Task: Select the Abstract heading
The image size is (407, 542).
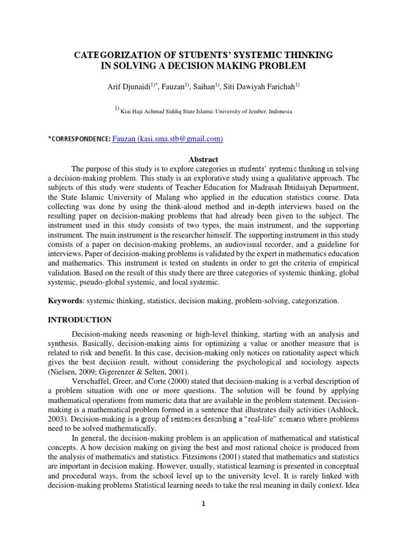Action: point(203,159)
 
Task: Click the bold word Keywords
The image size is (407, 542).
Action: point(65,301)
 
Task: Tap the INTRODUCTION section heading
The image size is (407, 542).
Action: point(80,320)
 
